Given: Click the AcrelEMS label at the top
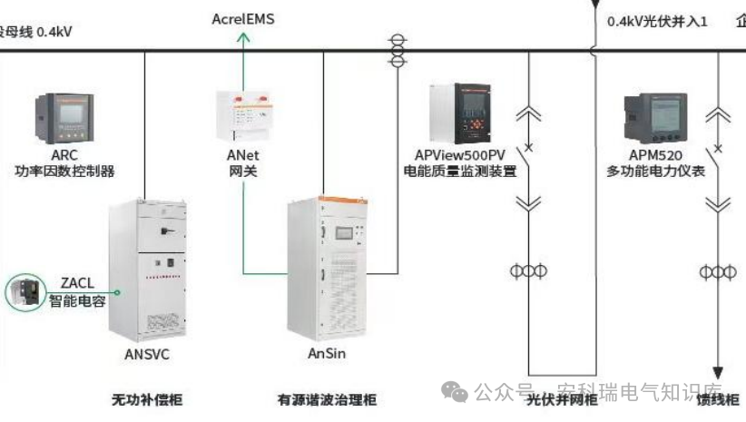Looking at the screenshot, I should tap(243, 18).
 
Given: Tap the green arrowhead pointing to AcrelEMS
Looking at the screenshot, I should tap(243, 37).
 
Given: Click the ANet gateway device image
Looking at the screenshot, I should tap(243, 113).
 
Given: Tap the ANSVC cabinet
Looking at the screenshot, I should tap(146, 268).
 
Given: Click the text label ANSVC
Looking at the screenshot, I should tap(146, 354).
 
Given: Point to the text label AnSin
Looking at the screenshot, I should tap(325, 353).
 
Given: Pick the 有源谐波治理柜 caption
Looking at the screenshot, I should tap(328, 399).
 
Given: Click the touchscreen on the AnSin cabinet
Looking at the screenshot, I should tap(345, 231).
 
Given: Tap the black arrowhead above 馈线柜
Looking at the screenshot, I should tap(718, 373).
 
